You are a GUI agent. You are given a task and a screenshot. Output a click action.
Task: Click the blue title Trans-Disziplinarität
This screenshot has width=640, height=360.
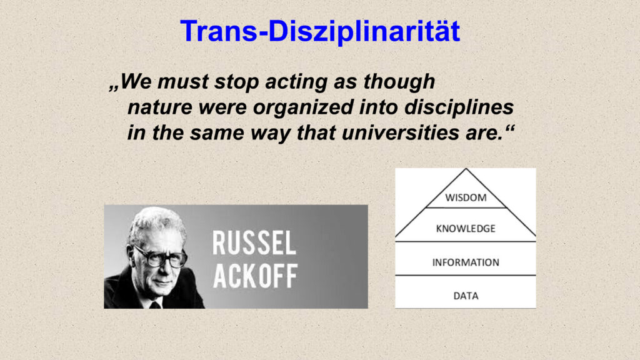[x=320, y=31]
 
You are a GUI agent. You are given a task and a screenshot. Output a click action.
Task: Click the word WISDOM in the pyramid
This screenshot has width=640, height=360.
[x=466, y=197]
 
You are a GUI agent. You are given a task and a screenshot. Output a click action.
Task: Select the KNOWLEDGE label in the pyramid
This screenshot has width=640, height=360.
[x=466, y=229]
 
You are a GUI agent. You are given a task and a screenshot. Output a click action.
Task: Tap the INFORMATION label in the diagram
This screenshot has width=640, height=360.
[x=466, y=262]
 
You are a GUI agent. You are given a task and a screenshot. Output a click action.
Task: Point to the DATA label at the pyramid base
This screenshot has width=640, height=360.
[x=466, y=296]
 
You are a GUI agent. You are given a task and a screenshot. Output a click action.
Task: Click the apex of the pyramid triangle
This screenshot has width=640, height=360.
[x=466, y=169]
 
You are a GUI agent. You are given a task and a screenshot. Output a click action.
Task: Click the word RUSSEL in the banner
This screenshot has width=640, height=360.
[x=254, y=243]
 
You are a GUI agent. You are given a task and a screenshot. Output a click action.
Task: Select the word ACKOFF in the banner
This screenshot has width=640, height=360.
[x=255, y=276]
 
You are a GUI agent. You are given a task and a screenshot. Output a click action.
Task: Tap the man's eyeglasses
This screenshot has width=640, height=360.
[x=160, y=257]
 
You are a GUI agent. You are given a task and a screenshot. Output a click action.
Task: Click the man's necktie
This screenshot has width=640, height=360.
[x=155, y=304]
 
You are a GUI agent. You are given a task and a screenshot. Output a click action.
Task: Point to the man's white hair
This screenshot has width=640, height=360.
[x=155, y=222]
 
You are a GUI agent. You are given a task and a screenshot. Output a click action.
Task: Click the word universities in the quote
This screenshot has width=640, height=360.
[x=400, y=132]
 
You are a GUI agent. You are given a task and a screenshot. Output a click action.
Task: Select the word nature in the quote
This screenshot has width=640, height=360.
[x=160, y=107]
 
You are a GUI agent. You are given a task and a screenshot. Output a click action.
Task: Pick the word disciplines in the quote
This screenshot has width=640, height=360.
[x=459, y=107]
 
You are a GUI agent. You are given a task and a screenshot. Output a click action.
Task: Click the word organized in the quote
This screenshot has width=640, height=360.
[x=303, y=107]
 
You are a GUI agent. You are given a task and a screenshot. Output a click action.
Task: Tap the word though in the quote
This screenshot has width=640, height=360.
[x=399, y=82]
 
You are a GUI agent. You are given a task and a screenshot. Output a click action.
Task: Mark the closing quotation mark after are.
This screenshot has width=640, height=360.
[x=510, y=128]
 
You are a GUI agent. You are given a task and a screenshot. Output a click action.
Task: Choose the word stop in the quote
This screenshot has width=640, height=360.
[x=237, y=82]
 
